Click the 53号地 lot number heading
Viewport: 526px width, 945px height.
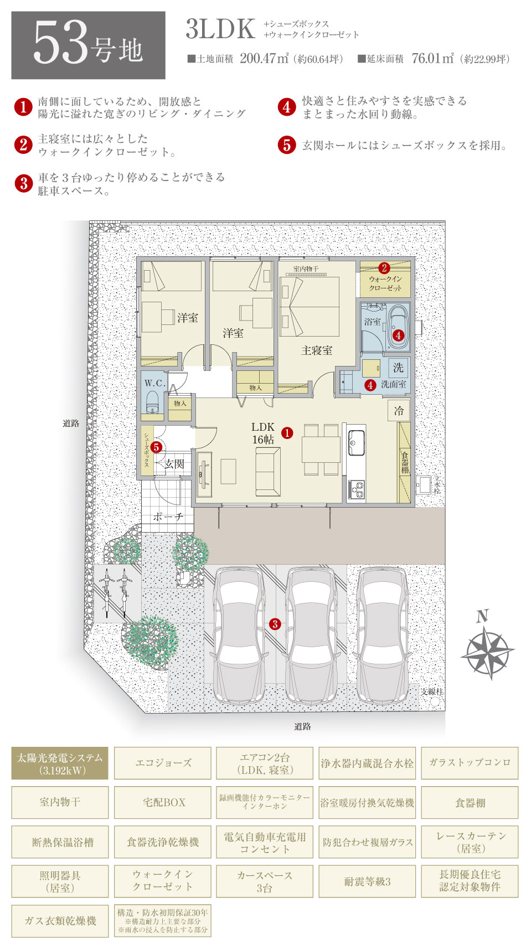click(87, 45)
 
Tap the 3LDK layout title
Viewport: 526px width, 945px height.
click(220, 29)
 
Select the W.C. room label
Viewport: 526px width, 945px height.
click(155, 383)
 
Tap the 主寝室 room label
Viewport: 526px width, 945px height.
click(316, 350)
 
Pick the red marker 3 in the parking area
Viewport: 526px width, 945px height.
click(275, 624)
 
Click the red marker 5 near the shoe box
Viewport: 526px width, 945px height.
click(156, 447)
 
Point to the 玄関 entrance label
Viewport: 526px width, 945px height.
click(174, 464)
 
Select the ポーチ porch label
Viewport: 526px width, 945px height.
click(168, 517)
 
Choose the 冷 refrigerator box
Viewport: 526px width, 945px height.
click(399, 410)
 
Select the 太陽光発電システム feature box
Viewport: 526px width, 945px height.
click(59, 763)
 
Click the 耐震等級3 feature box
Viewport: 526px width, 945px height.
click(367, 881)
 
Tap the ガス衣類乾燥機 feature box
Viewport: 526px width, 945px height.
click(59, 921)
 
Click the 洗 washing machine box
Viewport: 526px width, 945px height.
click(398, 368)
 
